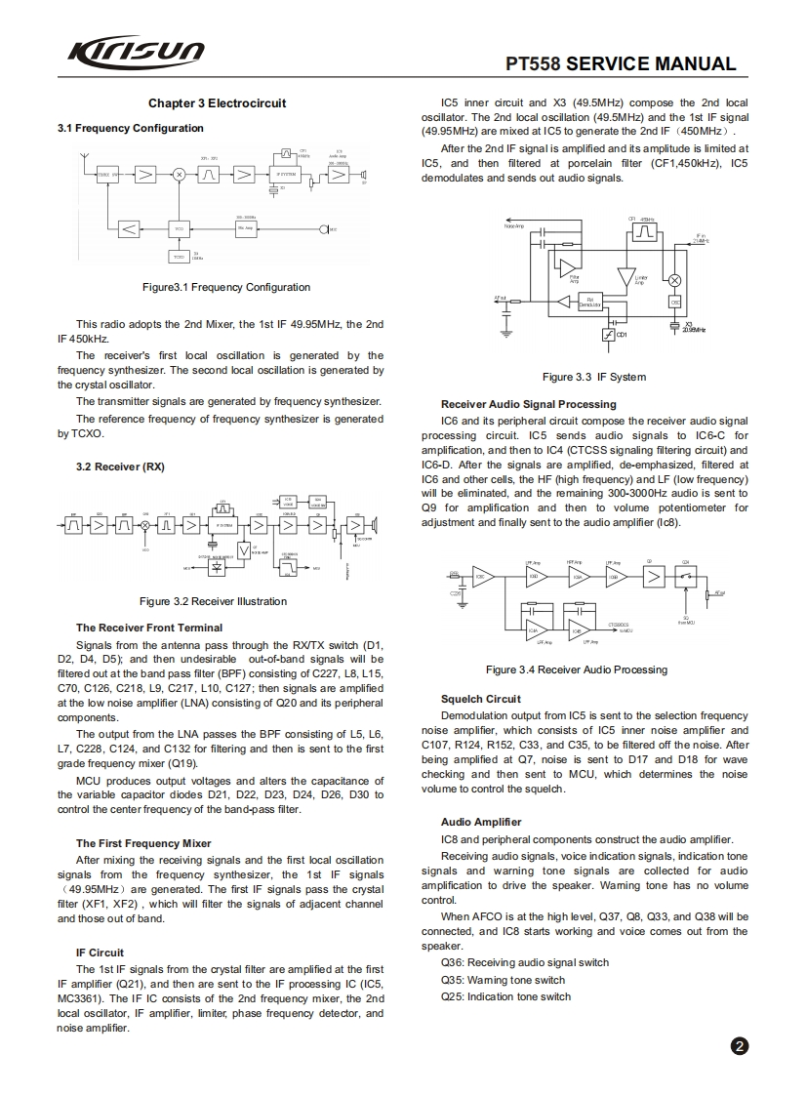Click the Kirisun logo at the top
coord(136,51)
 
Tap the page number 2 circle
coord(740,1047)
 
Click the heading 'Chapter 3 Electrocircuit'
coord(217,103)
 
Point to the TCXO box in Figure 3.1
coord(178,257)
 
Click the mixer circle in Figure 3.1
coord(180,175)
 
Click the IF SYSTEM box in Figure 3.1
coord(287,175)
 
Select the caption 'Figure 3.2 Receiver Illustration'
coord(213,601)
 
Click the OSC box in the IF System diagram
coord(674,303)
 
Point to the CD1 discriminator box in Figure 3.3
coord(609,335)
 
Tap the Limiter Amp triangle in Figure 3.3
coord(625,275)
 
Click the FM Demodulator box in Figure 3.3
coord(590,302)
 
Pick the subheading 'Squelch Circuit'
coord(481,699)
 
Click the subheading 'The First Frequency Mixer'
coord(142,843)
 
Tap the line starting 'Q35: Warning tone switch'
coord(503,980)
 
